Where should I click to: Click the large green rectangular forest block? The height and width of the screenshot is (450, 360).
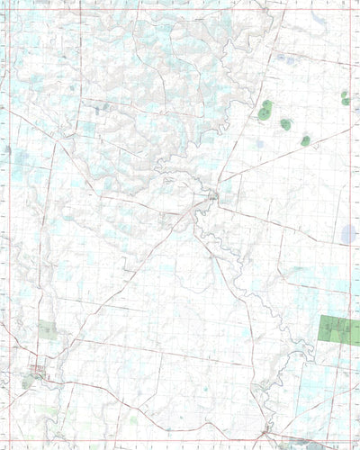[x=339, y=329]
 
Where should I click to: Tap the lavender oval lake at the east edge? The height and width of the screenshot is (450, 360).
[x=348, y=235]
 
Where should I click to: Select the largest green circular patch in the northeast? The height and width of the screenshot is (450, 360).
[x=265, y=112]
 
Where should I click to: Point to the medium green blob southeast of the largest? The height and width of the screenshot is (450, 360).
[x=286, y=124]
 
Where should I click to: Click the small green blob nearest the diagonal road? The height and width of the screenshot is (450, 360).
[x=306, y=140]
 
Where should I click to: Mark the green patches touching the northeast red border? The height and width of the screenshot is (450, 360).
[x=345, y=97]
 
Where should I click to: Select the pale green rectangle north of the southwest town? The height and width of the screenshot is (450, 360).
[x=47, y=330]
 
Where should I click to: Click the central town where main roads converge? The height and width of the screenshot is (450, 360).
[x=212, y=195]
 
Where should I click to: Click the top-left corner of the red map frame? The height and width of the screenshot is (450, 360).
[x=6, y=10]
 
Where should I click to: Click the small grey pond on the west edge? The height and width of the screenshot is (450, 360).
[x=8, y=149]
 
